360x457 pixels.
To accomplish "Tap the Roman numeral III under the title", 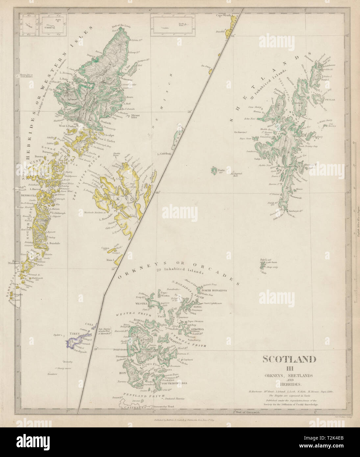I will click(x=289, y=368).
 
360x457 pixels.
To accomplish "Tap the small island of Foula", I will click(x=214, y=170).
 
